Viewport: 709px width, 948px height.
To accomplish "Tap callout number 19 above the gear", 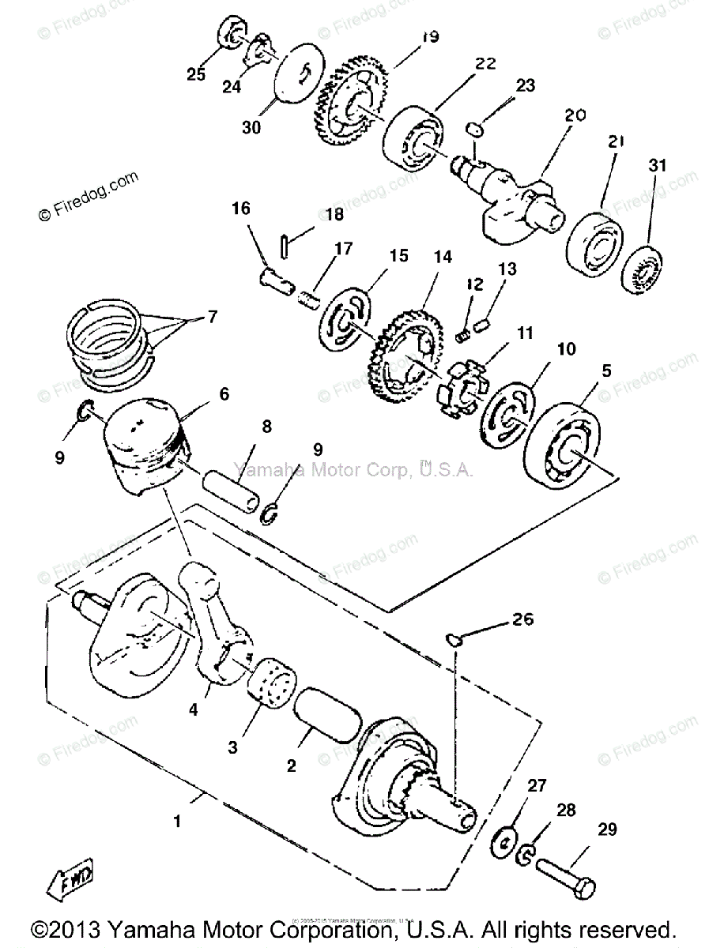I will click(409, 37).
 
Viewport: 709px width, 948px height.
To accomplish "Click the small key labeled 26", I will click(455, 639).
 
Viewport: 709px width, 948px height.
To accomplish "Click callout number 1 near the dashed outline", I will click(177, 822).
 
